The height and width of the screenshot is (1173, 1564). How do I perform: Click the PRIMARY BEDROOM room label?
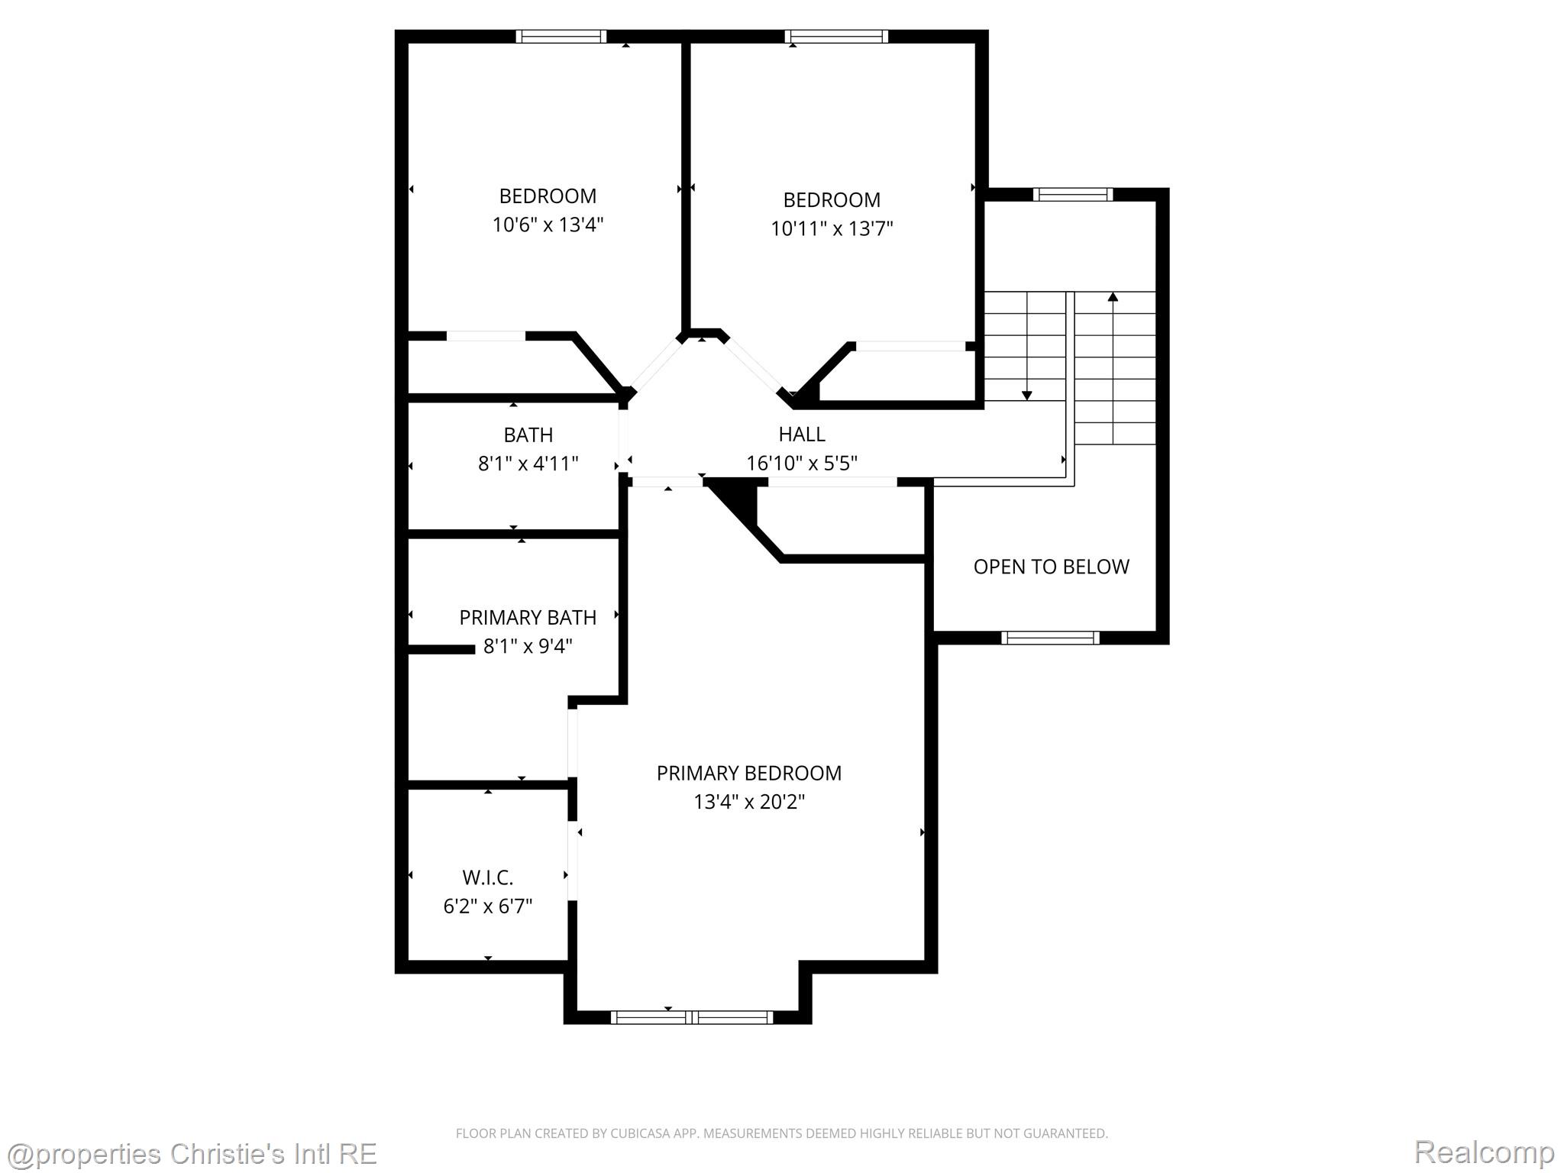tap(748, 773)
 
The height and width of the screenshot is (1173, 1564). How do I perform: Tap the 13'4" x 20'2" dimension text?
tap(748, 802)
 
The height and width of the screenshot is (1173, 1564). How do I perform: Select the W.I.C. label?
tap(487, 877)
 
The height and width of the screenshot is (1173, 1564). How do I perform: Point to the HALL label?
tap(801, 435)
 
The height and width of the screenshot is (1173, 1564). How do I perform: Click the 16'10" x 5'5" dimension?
tap(801, 464)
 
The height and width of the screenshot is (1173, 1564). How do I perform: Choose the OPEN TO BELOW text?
tap(1051, 567)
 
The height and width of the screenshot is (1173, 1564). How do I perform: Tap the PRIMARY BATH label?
tap(528, 617)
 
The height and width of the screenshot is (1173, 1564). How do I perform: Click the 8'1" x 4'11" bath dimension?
tap(528, 464)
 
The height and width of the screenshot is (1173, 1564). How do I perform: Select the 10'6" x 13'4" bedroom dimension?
tap(548, 225)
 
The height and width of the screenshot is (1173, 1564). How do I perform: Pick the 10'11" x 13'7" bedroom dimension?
tap(832, 228)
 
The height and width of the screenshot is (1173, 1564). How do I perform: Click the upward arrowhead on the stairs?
tap(1113, 296)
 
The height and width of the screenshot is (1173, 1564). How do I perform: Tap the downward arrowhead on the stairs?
tap(1026, 395)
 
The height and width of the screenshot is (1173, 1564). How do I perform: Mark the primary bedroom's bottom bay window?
tap(692, 1017)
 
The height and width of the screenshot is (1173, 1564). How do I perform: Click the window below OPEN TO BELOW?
tap(1050, 638)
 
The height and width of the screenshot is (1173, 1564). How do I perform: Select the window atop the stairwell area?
tap(1072, 195)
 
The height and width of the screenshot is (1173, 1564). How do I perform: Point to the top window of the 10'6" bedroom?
tap(561, 36)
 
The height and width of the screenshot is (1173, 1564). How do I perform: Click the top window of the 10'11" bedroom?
tap(836, 36)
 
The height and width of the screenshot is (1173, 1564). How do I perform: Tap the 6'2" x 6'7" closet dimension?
tap(487, 906)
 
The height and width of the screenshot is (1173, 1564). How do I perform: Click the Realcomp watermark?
tap(1484, 1152)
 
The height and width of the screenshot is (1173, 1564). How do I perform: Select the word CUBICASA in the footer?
tap(638, 1133)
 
